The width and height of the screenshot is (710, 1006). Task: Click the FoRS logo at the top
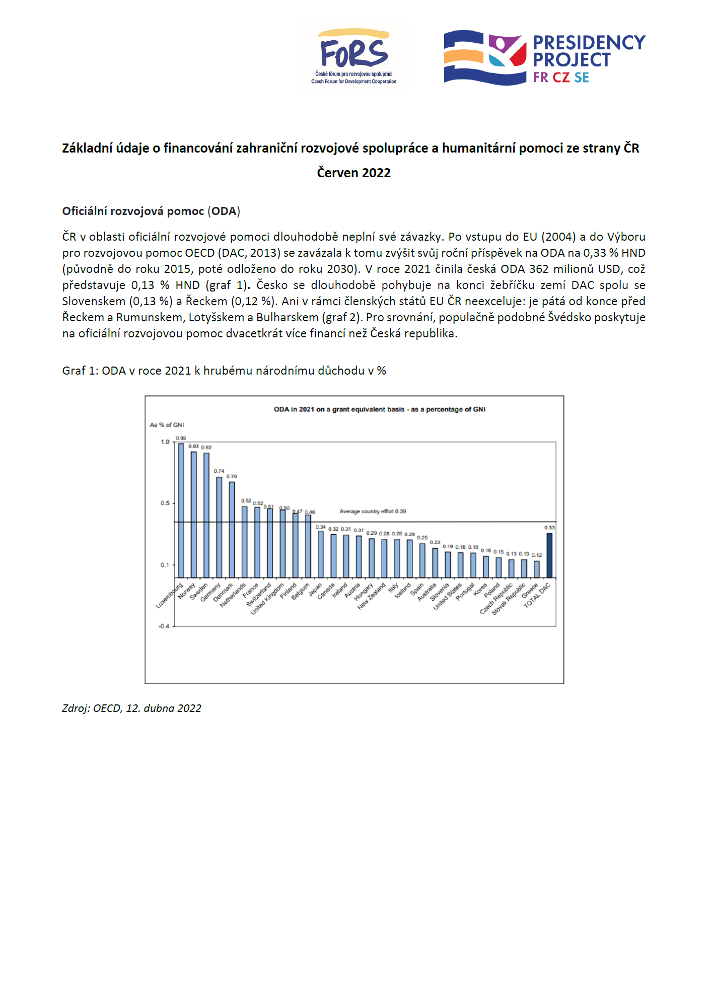354,56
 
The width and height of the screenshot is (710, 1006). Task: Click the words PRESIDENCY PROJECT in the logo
588,51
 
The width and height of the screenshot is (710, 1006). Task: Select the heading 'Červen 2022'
353,173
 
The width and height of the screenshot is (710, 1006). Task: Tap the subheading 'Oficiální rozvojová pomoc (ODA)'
151,211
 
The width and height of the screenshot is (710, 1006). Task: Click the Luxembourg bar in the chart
181,510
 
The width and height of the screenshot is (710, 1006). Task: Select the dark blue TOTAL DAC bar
549,555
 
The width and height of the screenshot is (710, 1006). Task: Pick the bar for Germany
219,527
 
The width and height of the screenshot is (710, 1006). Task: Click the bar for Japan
321,554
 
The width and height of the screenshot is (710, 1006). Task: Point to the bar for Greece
537,569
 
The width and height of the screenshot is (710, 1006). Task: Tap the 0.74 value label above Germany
219,471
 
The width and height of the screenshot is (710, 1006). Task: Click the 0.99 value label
181,438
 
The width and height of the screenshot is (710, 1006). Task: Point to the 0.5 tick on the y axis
165,503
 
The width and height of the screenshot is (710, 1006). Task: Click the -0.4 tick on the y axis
164,626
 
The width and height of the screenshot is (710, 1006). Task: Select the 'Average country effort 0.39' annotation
373,511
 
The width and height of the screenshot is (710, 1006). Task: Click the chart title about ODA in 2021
379,409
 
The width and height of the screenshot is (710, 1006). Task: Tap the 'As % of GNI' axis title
167,425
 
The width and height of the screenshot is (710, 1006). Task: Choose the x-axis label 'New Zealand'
372,597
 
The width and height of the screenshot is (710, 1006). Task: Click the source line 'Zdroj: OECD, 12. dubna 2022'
131,708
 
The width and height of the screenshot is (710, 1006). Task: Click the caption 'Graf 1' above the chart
224,371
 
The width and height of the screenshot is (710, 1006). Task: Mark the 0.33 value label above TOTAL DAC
549,528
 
